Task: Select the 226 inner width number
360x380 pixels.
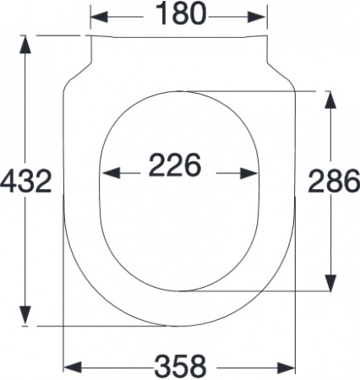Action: pos(175,165)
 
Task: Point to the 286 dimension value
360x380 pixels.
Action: pos(332,180)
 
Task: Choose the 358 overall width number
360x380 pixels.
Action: pos(179,366)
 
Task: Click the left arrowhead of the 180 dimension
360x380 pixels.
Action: pos(95,15)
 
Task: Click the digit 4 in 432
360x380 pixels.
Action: pos(10,180)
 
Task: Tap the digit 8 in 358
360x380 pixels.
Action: pos(196,366)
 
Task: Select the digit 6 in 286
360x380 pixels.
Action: pos(349,180)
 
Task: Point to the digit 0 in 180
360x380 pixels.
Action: pos(196,14)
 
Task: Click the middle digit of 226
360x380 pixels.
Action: pos(175,165)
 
